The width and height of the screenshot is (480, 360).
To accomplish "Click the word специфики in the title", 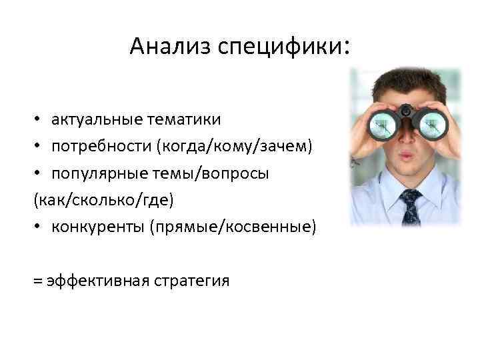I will [278, 47].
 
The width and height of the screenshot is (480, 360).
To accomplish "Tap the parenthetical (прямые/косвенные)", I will [233, 227].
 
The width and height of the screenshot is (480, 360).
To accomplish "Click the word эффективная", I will [96, 280].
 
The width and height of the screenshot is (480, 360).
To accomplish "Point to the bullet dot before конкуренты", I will [37, 227].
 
